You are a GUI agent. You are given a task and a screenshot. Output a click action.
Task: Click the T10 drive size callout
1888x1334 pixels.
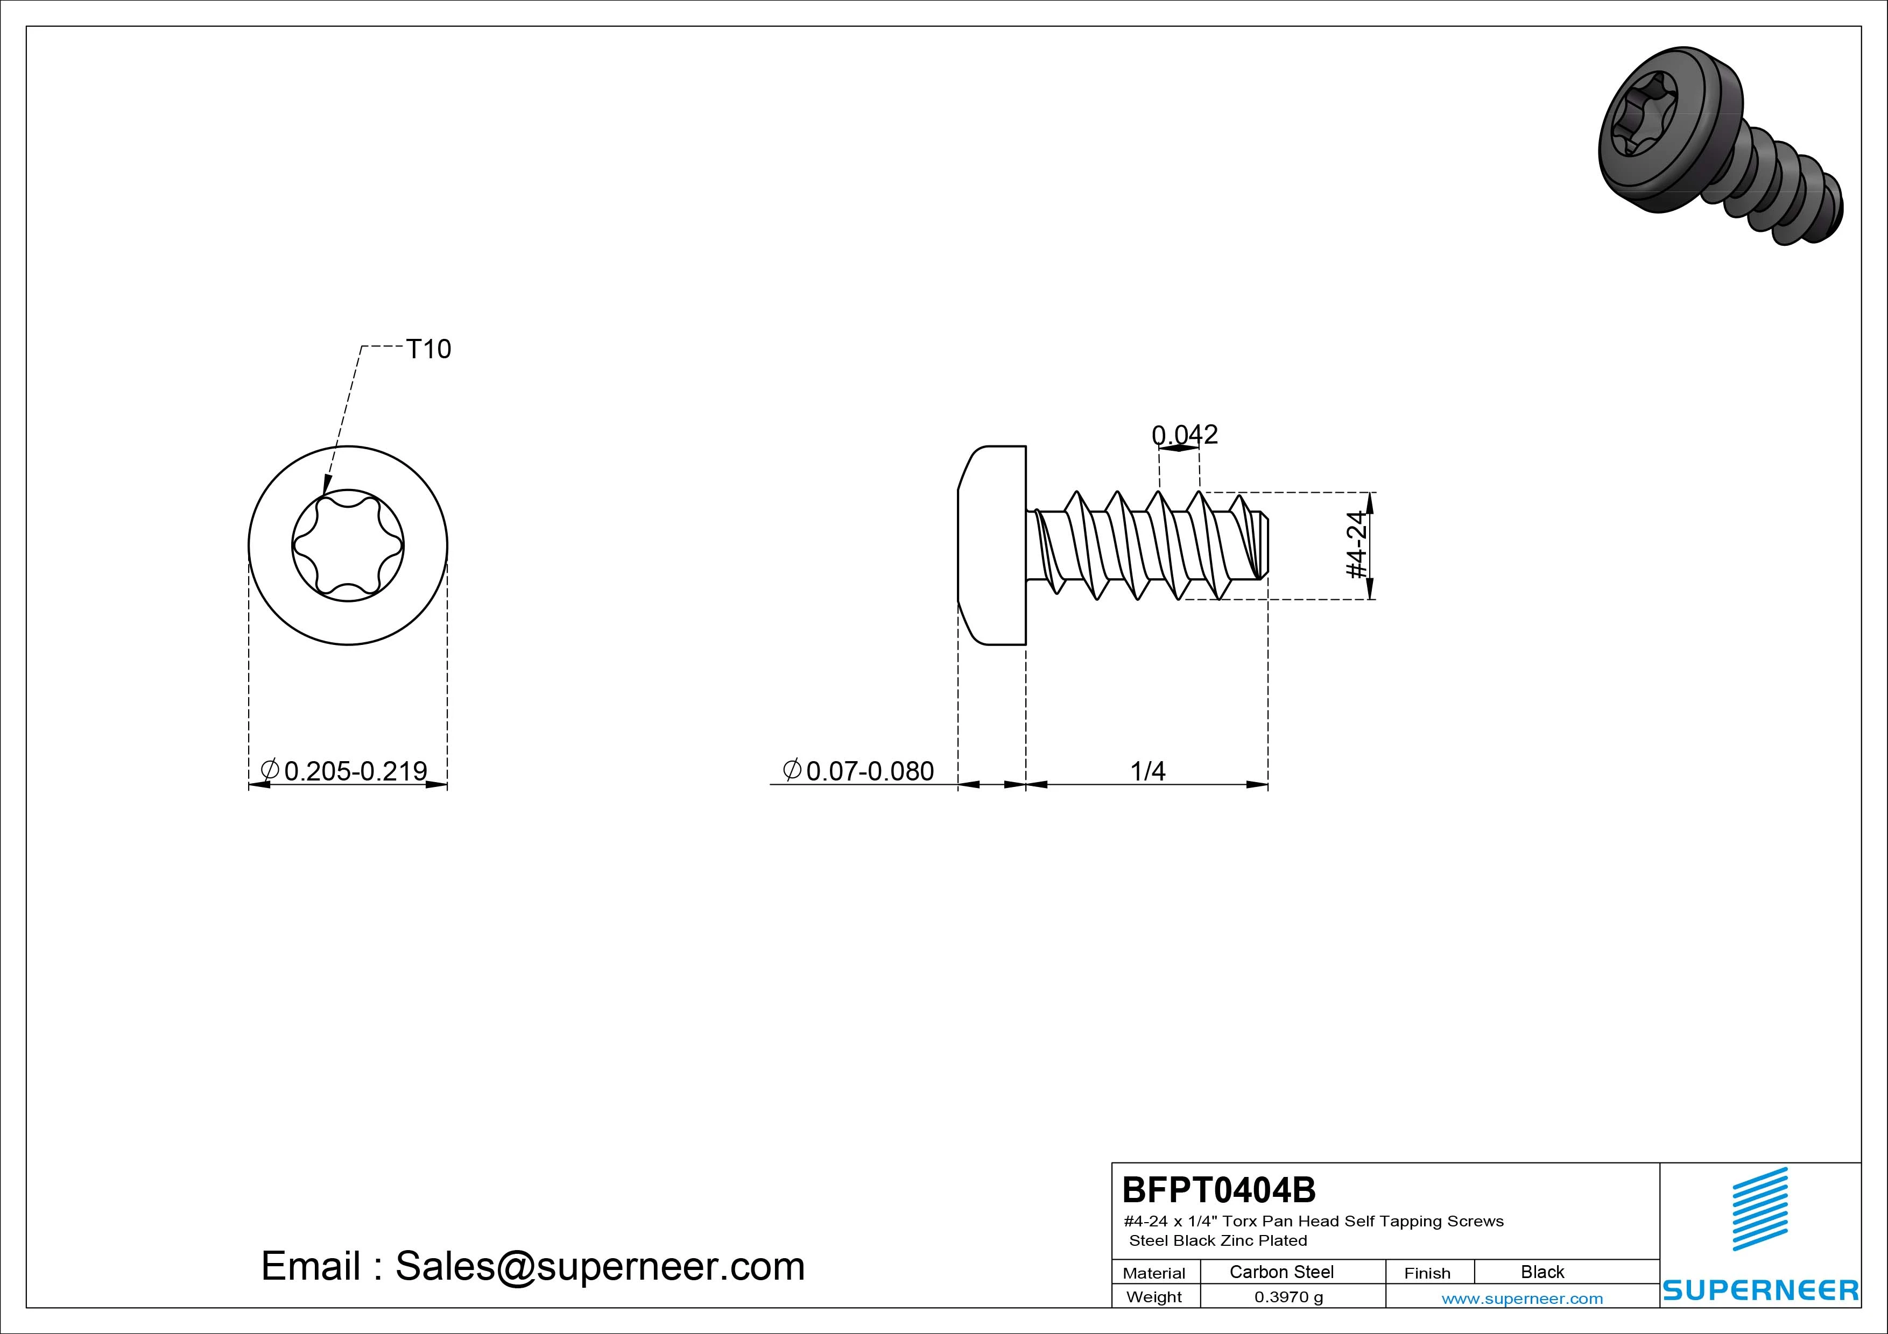click(428, 349)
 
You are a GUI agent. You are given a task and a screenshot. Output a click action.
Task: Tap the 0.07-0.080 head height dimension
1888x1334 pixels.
click(858, 771)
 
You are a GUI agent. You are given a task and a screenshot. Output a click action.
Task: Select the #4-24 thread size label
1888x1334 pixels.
click(1358, 544)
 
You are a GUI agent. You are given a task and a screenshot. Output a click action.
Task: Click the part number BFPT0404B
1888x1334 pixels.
click(1218, 1189)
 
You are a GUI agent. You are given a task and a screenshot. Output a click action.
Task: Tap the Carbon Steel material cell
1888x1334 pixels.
click(1281, 1272)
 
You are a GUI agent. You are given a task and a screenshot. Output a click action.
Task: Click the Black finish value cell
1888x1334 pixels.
click(1542, 1272)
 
